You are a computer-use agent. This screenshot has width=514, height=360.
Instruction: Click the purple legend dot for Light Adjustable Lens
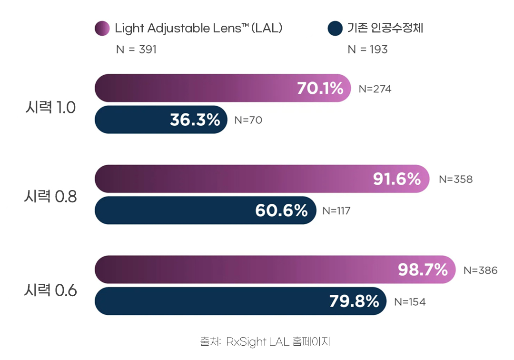pyautogui.click(x=102, y=28)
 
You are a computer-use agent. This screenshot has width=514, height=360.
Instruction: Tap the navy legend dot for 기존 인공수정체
pyautogui.click(x=335, y=28)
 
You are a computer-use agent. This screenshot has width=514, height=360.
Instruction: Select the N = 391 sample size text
pyautogui.click(x=137, y=50)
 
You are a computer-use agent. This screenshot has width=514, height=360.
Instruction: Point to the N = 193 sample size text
pyautogui.click(x=368, y=50)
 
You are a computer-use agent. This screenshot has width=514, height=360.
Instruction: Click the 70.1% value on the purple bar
pyautogui.click(x=320, y=88)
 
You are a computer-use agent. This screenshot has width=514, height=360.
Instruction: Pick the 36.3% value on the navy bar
pyautogui.click(x=195, y=120)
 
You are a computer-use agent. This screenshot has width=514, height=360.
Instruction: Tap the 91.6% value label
pyautogui.click(x=397, y=179)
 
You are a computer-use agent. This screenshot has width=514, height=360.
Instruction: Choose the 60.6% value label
pyautogui.click(x=282, y=210)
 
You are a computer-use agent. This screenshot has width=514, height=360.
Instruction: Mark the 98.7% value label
pyautogui.click(x=423, y=270)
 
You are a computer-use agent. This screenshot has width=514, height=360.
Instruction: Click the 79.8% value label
pyautogui.click(x=355, y=301)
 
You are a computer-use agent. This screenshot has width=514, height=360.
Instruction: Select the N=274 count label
pyautogui.click(x=375, y=89)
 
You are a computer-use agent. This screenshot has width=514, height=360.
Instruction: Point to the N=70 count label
pyautogui.click(x=248, y=120)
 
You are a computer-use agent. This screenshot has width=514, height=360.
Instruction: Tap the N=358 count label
pyautogui.click(x=456, y=180)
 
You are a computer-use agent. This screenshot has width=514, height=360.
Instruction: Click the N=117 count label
pyautogui.click(x=336, y=211)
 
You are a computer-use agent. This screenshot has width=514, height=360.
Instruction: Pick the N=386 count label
pyautogui.click(x=481, y=270)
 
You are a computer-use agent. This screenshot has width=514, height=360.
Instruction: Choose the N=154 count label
pyautogui.click(x=410, y=302)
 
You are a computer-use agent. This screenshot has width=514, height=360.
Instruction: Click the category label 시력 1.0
pyautogui.click(x=50, y=107)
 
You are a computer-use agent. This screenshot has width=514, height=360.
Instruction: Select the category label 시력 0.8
pyautogui.click(x=50, y=196)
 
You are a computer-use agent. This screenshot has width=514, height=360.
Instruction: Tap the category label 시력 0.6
pyautogui.click(x=50, y=290)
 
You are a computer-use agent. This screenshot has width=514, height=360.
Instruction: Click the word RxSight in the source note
pyautogui.click(x=246, y=342)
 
